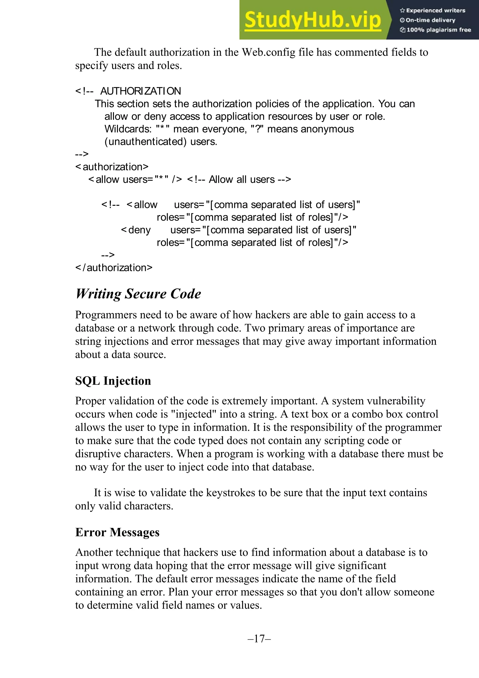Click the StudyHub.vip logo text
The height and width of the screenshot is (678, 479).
click(x=313, y=20)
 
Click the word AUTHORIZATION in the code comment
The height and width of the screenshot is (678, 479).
click(x=141, y=91)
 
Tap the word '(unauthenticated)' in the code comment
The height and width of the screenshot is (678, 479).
click(x=145, y=142)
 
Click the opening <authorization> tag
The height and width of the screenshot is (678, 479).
click(x=112, y=167)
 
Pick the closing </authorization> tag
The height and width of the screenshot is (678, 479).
click(x=114, y=268)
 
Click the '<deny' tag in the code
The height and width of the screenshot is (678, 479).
click(x=136, y=230)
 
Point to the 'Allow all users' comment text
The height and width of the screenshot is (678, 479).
click(x=242, y=180)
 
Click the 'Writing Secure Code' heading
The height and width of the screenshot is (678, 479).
click(x=138, y=294)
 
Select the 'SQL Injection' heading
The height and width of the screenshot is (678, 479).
click(x=113, y=381)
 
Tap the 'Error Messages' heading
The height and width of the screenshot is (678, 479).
click(x=117, y=532)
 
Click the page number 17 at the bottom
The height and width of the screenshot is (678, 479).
click(x=259, y=638)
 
